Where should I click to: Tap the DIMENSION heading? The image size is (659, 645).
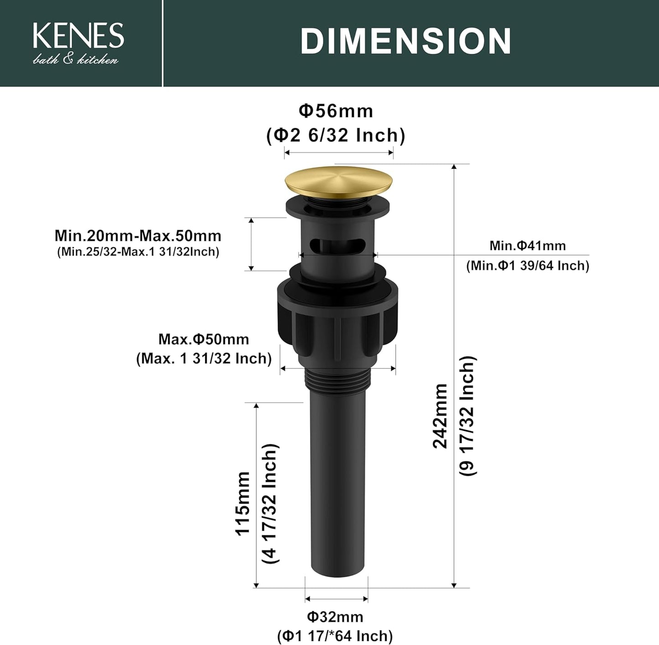tap(405, 41)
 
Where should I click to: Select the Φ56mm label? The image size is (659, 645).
tap(336, 111)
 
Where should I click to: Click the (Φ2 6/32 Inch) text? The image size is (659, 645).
tap(336, 135)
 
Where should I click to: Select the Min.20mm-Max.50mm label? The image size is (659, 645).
tap(138, 236)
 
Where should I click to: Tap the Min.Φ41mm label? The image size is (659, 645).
tap(527, 245)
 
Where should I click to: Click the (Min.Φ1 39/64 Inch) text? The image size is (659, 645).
tap(527, 265)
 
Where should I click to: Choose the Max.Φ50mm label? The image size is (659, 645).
tap(203, 339)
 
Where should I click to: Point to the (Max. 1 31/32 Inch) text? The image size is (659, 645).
tap(203, 359)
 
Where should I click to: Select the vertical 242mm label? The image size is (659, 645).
tap(441, 416)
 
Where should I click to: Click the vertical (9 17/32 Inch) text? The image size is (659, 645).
tap(467, 416)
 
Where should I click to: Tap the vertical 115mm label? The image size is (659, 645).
tap(243, 503)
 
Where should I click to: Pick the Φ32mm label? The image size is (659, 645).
tap(335, 617)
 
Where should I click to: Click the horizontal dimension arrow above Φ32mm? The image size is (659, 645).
tap(337, 599)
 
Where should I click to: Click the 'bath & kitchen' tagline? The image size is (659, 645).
tap(76, 59)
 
